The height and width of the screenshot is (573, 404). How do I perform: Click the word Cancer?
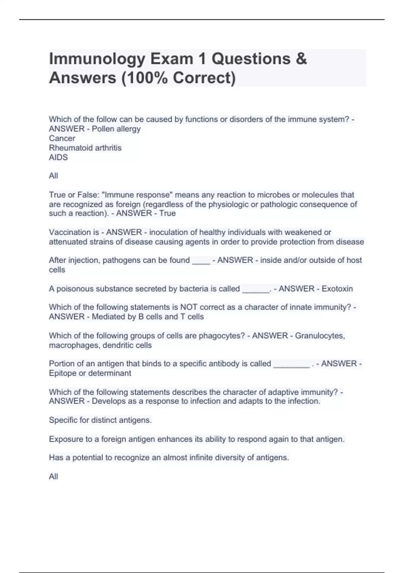pyautogui.click(x=62, y=138)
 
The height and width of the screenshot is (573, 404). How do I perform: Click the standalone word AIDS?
pyautogui.click(x=58, y=157)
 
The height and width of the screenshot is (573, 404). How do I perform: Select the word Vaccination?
pyautogui.click(x=70, y=232)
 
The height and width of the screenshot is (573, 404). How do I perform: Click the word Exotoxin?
pyautogui.click(x=337, y=289)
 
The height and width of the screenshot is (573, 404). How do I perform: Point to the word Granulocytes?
pyautogui.click(x=320, y=336)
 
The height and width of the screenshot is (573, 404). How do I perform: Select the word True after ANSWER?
pyautogui.click(x=167, y=213)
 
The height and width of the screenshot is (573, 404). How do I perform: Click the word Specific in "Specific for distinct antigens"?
pyautogui.click(x=63, y=420)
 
